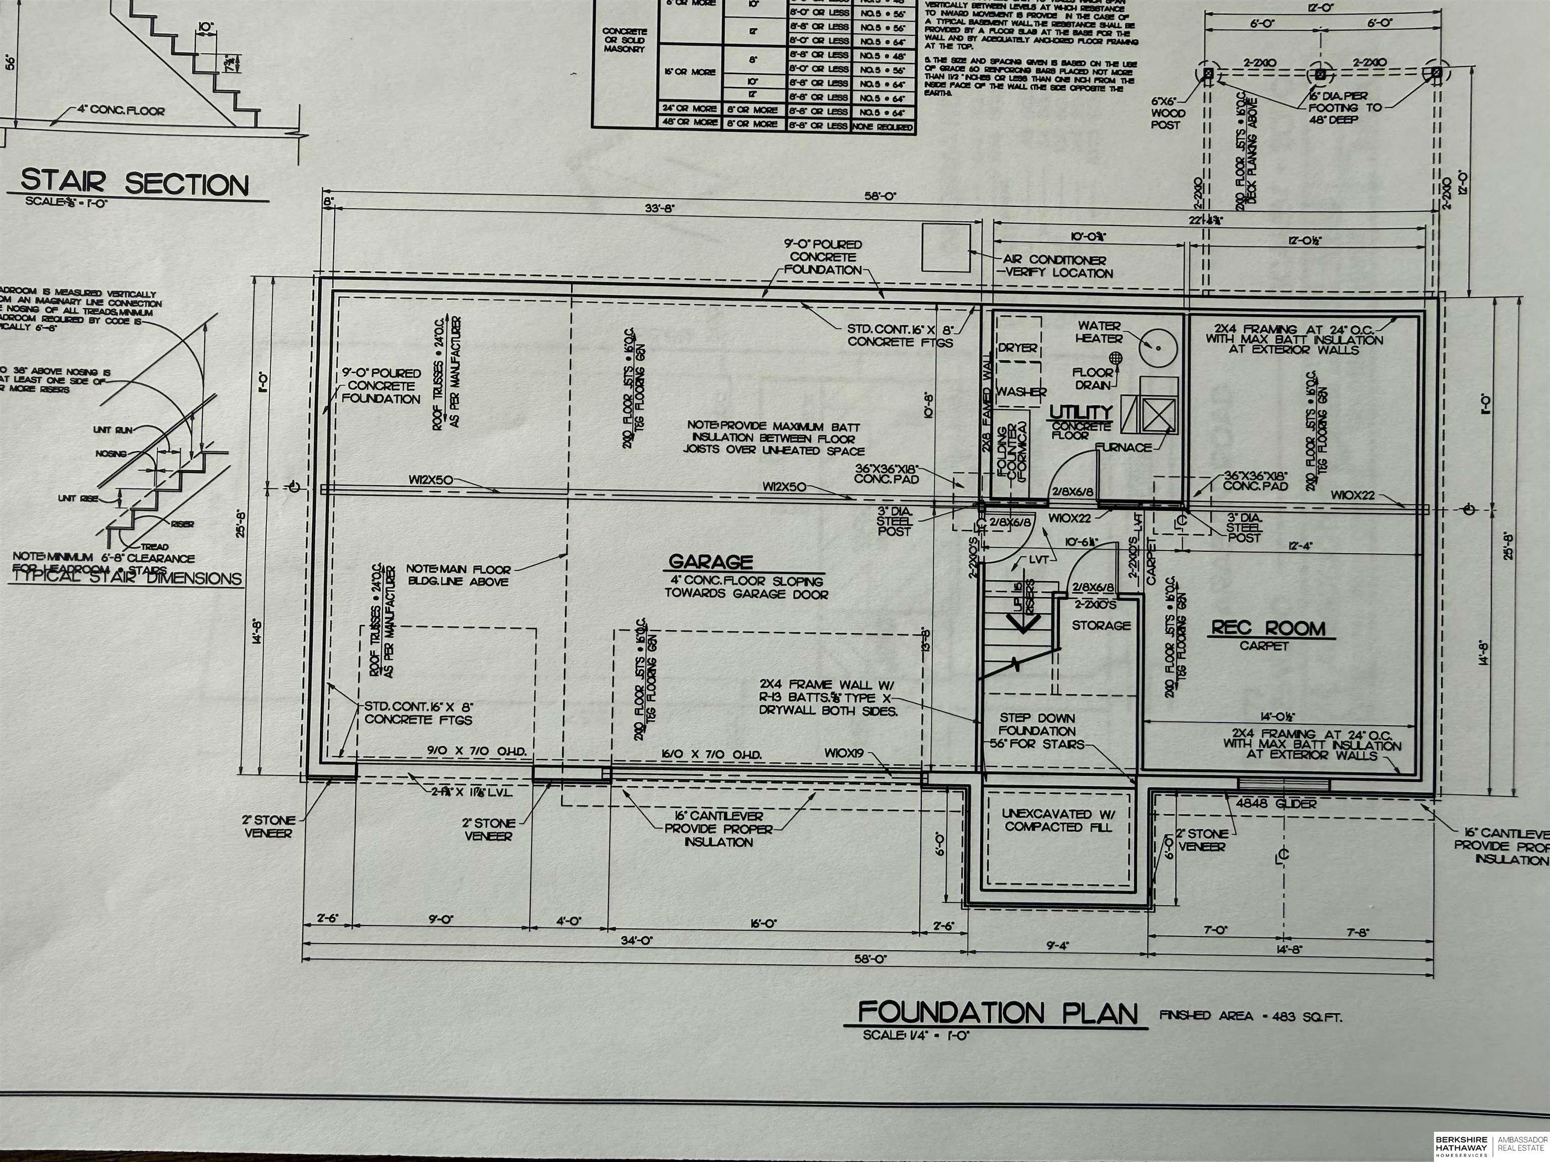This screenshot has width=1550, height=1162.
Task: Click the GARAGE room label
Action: (x=710, y=562)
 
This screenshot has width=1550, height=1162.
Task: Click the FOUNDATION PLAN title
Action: (x=999, y=1013)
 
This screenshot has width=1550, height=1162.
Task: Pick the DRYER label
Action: (x=1018, y=348)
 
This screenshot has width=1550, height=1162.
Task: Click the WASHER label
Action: (x=1021, y=392)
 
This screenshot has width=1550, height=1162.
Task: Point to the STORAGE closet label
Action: (x=1101, y=625)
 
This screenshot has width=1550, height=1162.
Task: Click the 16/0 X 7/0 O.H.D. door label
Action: (x=712, y=754)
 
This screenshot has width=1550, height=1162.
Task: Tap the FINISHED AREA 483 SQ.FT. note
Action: (x=1250, y=1016)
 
